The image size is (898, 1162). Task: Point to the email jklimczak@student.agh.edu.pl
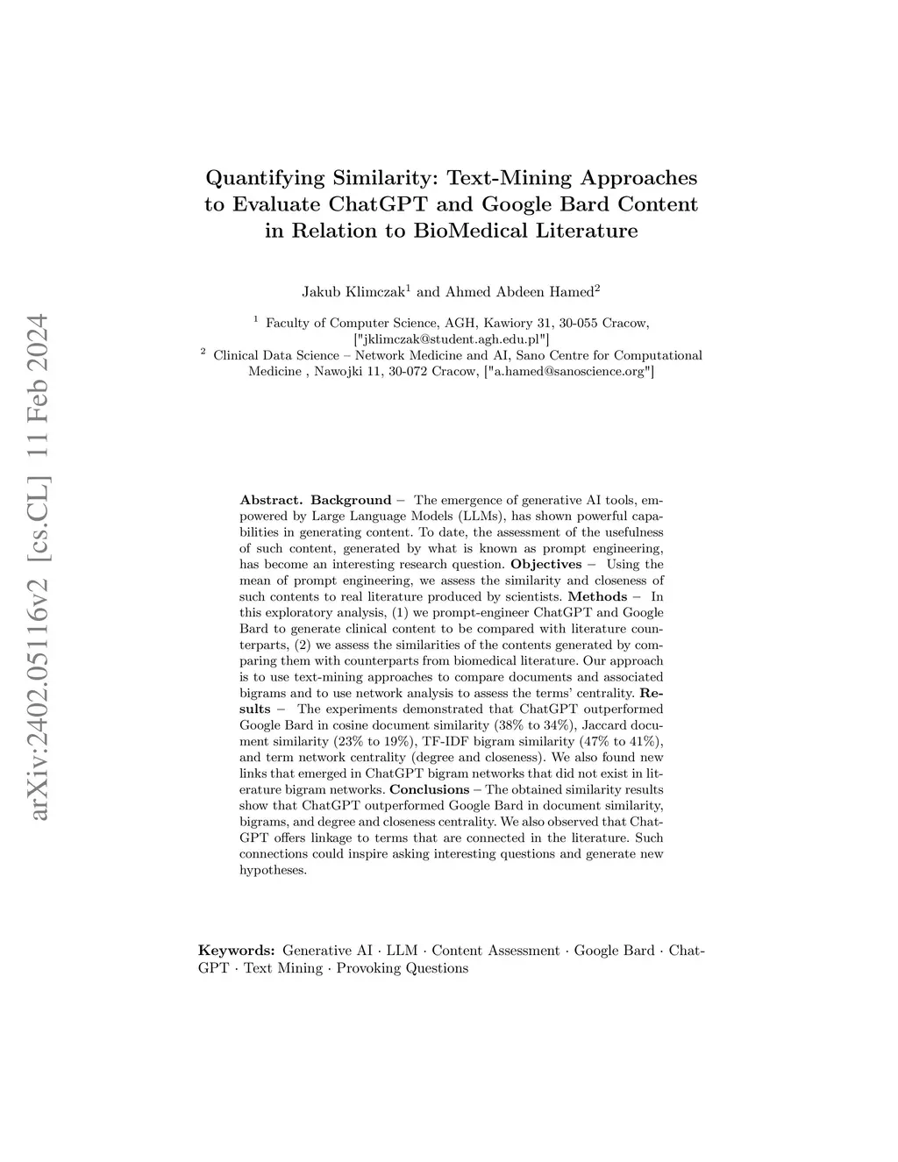[x=452, y=339]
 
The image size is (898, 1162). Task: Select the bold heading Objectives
[x=545, y=564]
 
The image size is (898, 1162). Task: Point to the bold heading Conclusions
[x=430, y=789]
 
